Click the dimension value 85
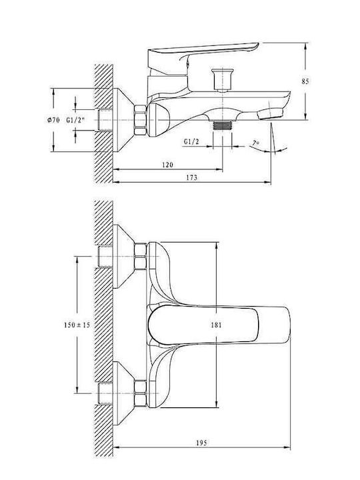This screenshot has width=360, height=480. [305, 81]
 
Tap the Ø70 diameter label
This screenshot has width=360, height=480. [53, 120]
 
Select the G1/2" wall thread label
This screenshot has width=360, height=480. [75, 120]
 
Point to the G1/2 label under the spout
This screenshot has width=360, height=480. [191, 141]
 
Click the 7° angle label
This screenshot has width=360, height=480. [255, 143]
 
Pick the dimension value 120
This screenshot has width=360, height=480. [167, 165]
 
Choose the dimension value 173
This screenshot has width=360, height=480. [191, 177]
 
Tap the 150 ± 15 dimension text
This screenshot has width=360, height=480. [77, 325]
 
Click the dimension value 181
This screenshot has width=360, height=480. [216, 325]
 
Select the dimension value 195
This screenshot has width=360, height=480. [201, 443]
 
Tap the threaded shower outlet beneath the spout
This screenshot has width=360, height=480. [223, 125]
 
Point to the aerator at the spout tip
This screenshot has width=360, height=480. [270, 114]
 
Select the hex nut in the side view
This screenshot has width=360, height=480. [140, 120]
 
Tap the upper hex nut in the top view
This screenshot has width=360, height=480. [140, 256]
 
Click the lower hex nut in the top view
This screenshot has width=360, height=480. [140, 393]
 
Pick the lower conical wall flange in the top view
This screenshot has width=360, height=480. [124, 393]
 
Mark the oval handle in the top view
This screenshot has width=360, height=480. [203, 325]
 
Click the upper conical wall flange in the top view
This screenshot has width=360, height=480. [124, 256]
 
